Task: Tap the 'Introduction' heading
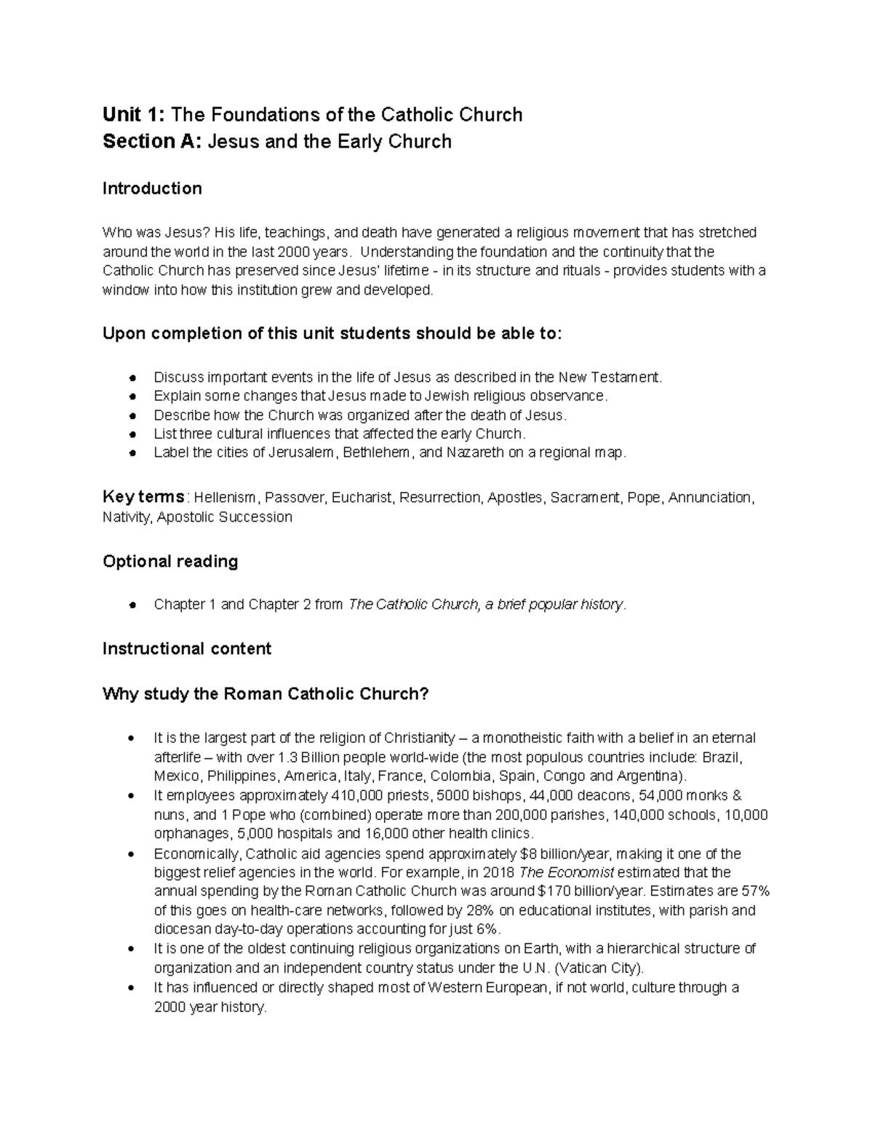tap(152, 189)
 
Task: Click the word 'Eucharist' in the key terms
tap(361, 498)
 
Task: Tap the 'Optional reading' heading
tap(170, 562)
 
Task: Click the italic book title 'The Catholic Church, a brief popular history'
tap(486, 605)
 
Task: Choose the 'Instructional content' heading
tap(187, 649)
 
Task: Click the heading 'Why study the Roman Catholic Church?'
tap(266, 694)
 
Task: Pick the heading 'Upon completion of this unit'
tap(332, 334)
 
